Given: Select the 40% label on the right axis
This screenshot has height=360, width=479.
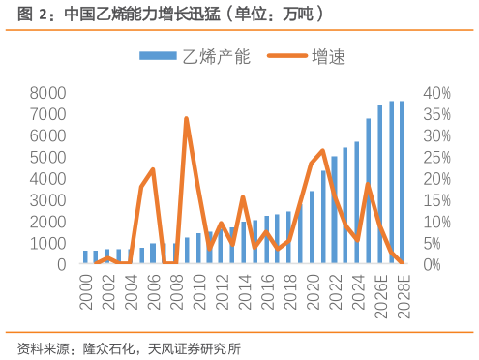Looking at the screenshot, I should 436,93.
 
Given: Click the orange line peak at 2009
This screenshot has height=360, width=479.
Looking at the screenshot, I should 186,118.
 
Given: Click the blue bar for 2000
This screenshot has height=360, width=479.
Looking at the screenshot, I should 85,256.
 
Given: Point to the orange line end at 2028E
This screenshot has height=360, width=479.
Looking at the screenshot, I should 402,261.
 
